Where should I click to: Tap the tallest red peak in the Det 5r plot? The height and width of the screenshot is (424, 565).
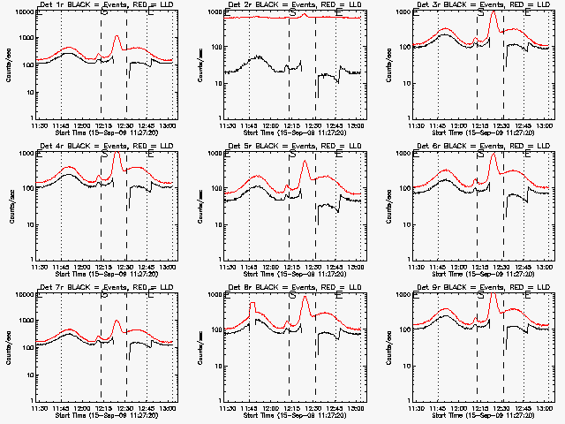(x=305, y=162)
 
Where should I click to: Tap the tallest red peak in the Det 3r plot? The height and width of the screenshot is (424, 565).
(x=493, y=13)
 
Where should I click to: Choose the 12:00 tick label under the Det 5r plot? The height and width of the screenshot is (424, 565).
(x=271, y=266)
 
